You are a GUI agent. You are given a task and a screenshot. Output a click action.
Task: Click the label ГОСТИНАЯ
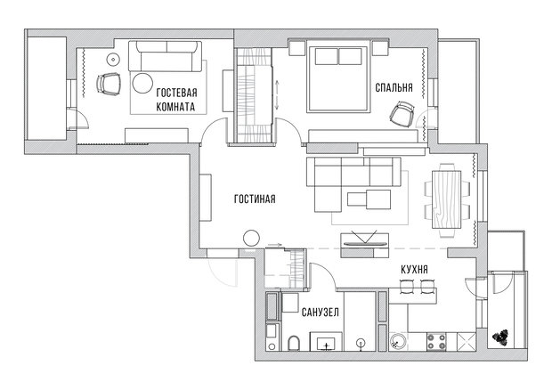coord(255,199)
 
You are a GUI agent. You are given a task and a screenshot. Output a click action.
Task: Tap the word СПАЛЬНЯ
coord(394,87)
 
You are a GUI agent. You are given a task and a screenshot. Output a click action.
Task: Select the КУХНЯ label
coord(414,270)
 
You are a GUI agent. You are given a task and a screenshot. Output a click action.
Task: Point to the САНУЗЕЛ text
coord(321,313)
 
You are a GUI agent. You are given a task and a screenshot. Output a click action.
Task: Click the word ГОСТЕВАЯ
coord(176,93)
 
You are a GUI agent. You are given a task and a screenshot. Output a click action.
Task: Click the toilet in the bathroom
coord(294,343)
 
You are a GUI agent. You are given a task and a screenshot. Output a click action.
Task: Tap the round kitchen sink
coord(398,341)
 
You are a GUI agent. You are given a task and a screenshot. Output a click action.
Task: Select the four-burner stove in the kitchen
coord(436,342)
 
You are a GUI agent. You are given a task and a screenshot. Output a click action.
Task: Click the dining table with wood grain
coord(446,199)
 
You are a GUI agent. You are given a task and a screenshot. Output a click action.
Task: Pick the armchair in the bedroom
coord(402,113)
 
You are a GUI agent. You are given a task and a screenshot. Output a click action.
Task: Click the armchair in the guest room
coord(109,84)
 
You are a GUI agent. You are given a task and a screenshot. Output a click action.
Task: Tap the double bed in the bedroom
coord(338,77)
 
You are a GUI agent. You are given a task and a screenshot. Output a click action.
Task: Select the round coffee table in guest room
coord(142,83)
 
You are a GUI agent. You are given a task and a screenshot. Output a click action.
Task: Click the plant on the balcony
coord(500,337)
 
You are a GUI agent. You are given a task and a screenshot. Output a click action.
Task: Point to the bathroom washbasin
coord(326,342)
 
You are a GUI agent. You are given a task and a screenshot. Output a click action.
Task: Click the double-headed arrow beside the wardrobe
coord(277,95)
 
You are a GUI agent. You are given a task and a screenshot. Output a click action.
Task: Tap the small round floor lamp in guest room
coord(113,60)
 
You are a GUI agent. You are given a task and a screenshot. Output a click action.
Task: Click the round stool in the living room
coord(251,238)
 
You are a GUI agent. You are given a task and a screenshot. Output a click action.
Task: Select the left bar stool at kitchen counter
coord(406,286)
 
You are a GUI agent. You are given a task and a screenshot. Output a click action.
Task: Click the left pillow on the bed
coord(327,57)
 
